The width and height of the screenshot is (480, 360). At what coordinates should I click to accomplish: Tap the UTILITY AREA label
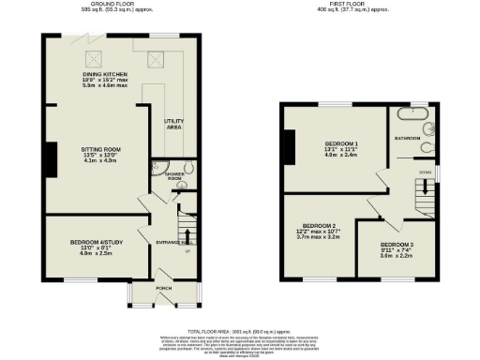pos(172,124)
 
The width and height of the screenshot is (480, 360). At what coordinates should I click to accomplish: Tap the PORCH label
pos(164,289)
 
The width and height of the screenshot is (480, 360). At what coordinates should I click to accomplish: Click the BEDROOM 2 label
pos(319,226)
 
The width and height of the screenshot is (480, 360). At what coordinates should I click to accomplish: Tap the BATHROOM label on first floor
pos(408,138)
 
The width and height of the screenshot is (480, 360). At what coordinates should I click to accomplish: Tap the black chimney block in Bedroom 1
pos(288,142)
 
